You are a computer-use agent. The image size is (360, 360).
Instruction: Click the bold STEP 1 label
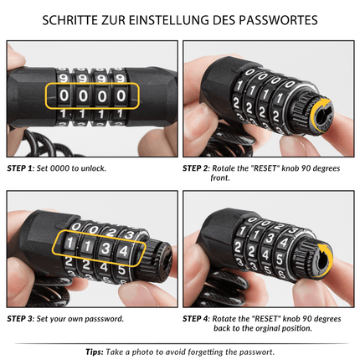[20, 167]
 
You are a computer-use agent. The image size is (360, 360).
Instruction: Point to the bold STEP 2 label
[198, 167]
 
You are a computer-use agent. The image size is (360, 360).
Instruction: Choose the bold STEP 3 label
[20, 318]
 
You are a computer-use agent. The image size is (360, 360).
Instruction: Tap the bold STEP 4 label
[198, 318]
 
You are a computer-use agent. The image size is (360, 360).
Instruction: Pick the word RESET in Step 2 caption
[270, 167]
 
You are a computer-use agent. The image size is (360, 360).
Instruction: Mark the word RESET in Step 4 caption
[270, 318]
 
